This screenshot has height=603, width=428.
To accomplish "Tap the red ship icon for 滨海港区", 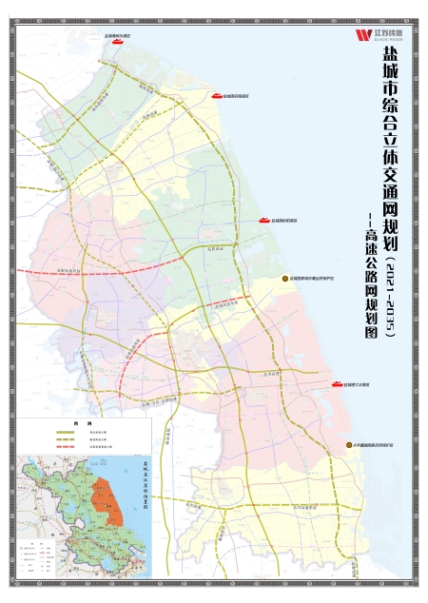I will coord(216,96).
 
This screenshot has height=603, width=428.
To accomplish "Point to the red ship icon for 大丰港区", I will coord(337,383).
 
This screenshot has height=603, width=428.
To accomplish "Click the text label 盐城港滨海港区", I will coord(235,96).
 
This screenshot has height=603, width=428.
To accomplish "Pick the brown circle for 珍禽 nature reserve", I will coord(283,277).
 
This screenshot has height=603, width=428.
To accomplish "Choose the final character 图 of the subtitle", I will coord(372,334).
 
